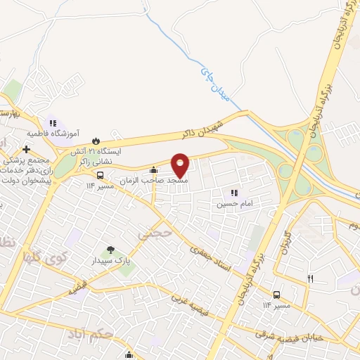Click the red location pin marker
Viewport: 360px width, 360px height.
pos(181,165)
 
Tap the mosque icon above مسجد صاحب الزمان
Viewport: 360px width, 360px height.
pos(154,169)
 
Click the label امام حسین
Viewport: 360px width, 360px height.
pos(233,203)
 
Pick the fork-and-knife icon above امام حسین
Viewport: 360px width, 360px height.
pos(233,192)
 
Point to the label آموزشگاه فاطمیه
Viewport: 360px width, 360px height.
pos(53,132)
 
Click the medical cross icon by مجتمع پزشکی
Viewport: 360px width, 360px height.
pos(27,149)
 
